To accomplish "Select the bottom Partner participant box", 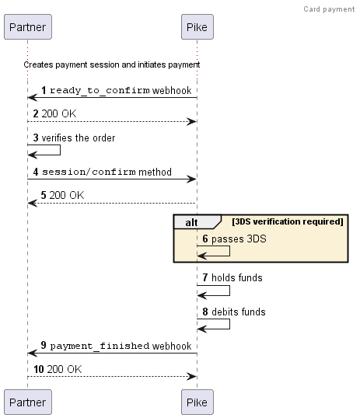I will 27,402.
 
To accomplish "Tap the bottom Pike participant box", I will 197,402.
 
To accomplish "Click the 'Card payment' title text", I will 329,9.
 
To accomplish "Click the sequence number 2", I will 37,114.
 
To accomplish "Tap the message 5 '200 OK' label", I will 67,195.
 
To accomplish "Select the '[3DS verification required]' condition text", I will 287,221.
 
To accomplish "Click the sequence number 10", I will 39,369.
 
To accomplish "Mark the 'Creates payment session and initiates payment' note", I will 112,64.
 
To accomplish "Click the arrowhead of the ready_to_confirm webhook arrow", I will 32,98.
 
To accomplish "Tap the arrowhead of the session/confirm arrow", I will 192,179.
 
